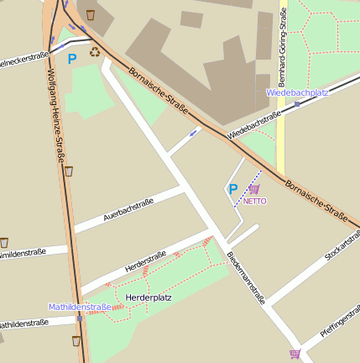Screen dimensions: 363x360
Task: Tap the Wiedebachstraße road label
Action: [x=253, y=124]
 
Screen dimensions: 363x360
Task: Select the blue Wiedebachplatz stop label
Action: [x=297, y=92]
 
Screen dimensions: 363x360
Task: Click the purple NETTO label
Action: [x=254, y=202]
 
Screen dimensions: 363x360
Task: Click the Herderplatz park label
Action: [x=148, y=298]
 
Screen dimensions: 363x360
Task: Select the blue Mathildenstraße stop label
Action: [x=80, y=308]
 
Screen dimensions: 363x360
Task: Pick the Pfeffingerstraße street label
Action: [x=339, y=323]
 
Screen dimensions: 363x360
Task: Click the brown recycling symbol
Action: [x=94, y=52]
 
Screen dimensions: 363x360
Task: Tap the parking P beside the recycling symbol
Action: [x=72, y=59]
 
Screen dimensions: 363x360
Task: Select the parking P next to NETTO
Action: [x=233, y=190]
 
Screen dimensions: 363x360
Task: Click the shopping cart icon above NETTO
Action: [x=254, y=189]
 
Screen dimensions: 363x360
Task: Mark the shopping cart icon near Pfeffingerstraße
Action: [x=295, y=354]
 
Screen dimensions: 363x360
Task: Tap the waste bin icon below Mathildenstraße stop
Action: [x=76, y=341]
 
